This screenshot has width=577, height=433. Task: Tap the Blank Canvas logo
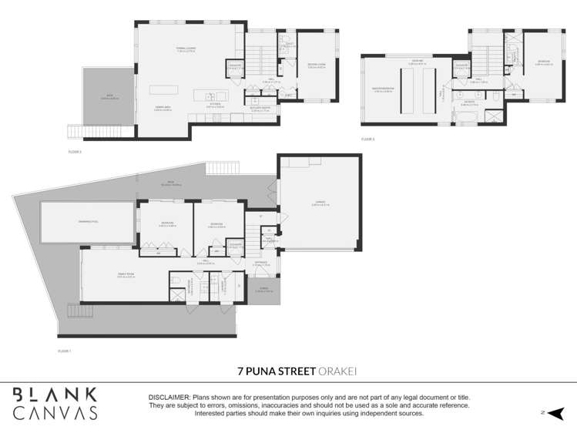point(54,403)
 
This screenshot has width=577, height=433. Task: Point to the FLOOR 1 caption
point(64,351)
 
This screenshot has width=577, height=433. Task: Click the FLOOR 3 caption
point(367,139)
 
